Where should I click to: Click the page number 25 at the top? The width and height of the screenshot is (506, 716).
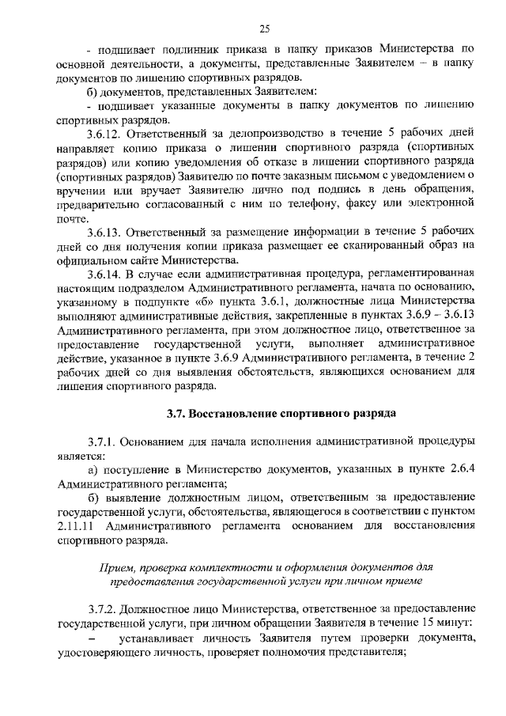coord(264,29)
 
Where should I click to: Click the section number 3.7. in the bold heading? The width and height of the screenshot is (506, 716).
coord(177,413)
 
